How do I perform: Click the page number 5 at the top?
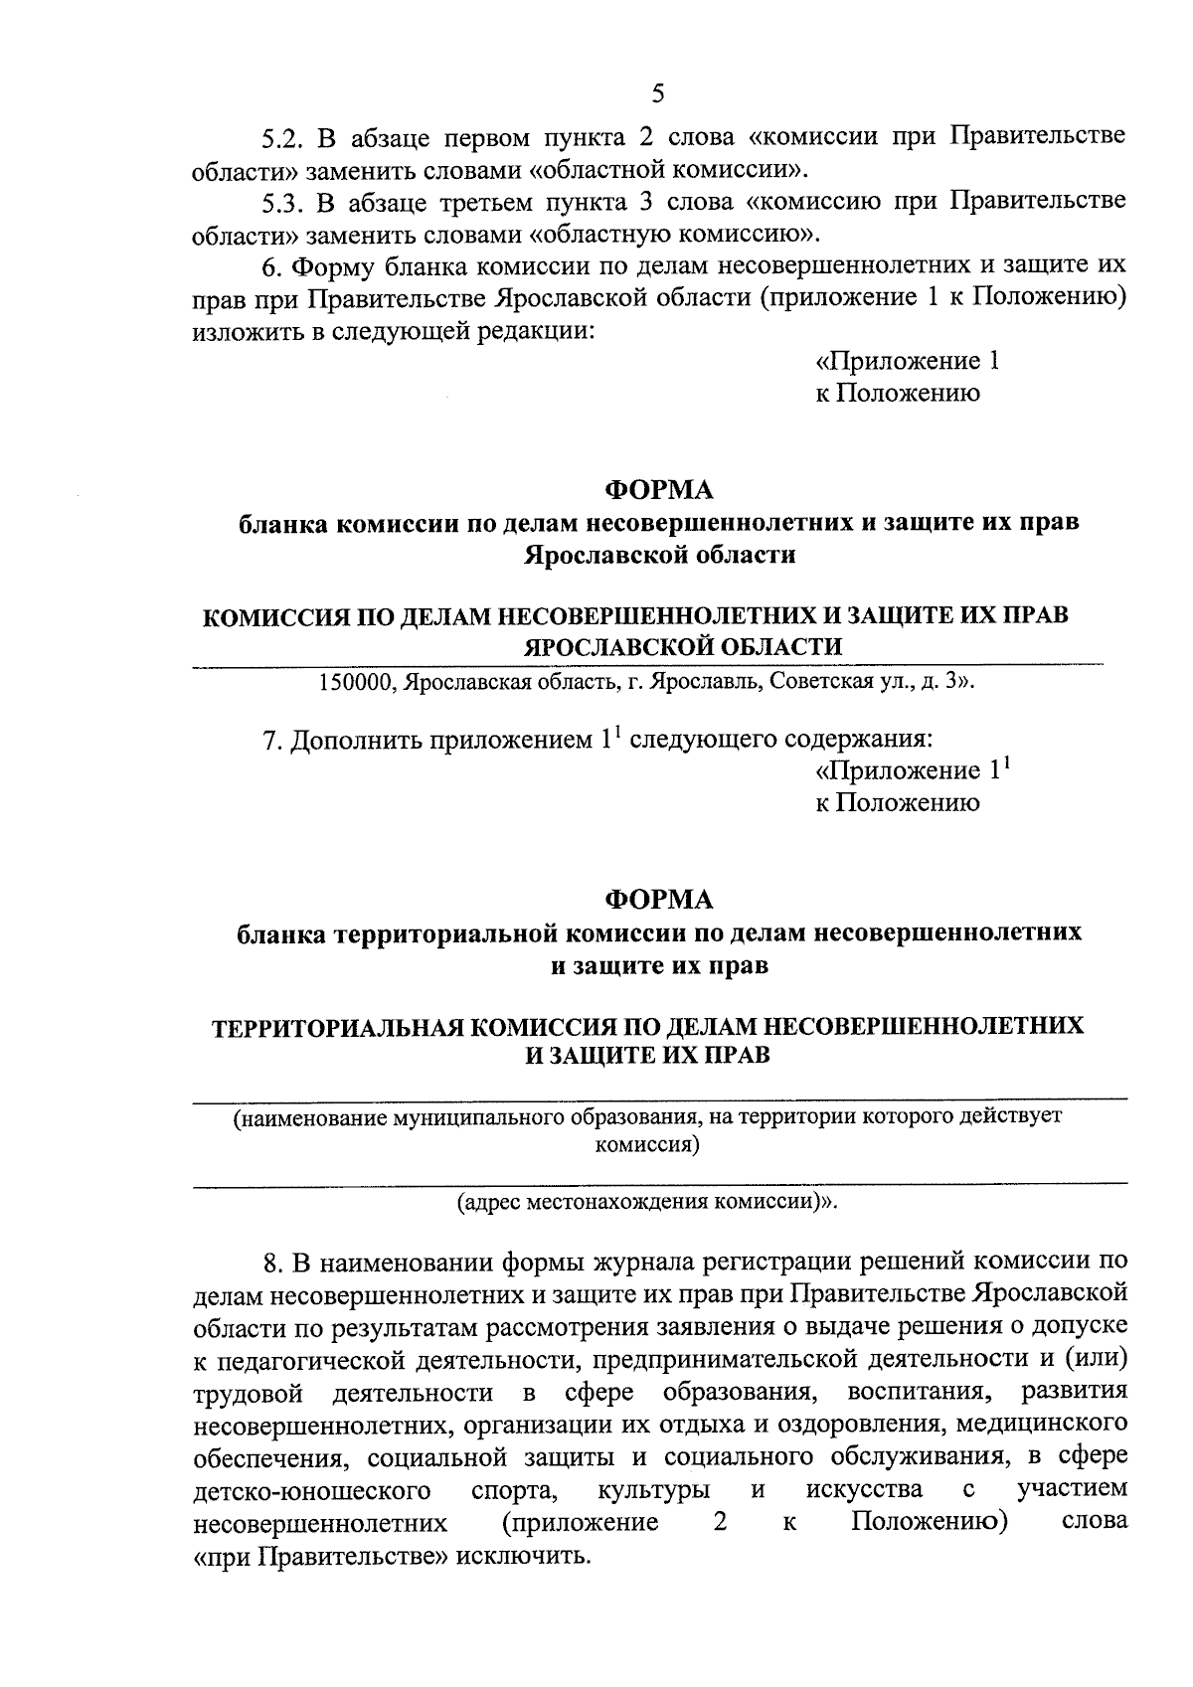657,93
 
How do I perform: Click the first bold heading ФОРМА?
659,490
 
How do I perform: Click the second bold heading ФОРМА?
659,900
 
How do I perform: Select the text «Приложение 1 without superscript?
907,361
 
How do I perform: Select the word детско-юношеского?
310,1490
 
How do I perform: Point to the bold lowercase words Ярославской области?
659,555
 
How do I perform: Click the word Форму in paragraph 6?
334,266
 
